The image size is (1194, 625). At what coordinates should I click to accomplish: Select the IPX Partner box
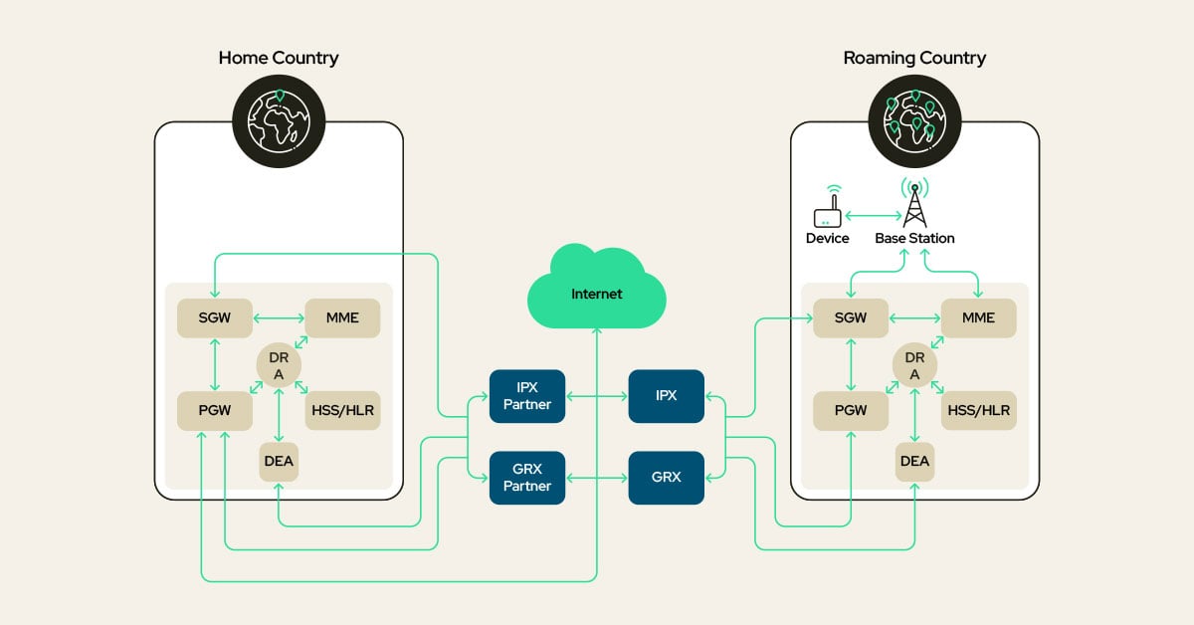click(527, 396)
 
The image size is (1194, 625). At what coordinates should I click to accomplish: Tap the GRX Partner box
click(527, 478)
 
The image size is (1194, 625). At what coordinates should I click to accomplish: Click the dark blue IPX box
click(666, 396)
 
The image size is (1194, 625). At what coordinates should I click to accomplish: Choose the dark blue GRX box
click(666, 478)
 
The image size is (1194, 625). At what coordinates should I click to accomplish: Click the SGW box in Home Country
click(215, 317)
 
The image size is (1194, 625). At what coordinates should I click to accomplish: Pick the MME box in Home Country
click(342, 317)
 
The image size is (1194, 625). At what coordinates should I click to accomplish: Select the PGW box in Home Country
click(215, 410)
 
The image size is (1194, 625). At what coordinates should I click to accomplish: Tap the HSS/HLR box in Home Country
click(342, 410)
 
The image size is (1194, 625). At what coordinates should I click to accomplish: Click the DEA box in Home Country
click(279, 461)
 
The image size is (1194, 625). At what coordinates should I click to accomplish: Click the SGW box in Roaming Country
click(851, 317)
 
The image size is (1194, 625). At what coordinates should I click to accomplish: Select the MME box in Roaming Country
click(978, 317)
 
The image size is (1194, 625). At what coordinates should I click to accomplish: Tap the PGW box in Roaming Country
click(851, 410)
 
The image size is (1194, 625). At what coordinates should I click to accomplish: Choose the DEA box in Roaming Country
click(914, 461)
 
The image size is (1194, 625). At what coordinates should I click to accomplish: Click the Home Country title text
click(279, 58)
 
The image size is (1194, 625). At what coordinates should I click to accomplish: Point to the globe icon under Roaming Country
click(914, 117)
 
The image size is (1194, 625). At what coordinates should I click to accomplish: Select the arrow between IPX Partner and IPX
click(597, 396)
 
